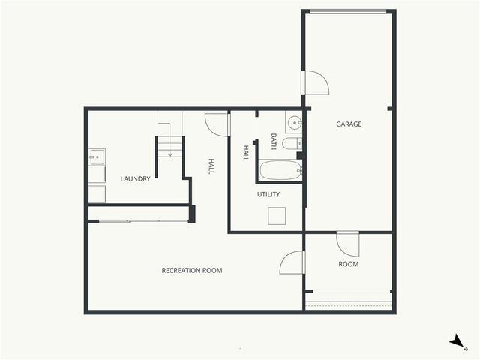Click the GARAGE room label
(x=349, y=124)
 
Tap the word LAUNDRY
(x=136, y=179)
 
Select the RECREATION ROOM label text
(x=192, y=270)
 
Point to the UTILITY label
(x=268, y=195)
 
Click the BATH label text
(x=274, y=141)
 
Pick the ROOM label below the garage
(x=348, y=264)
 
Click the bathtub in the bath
(x=280, y=170)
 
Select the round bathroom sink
(x=293, y=122)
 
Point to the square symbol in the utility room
(x=277, y=216)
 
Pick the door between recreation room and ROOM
(x=292, y=262)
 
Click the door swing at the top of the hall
(x=217, y=124)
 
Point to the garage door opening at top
(x=348, y=11)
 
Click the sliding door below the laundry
(x=139, y=220)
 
